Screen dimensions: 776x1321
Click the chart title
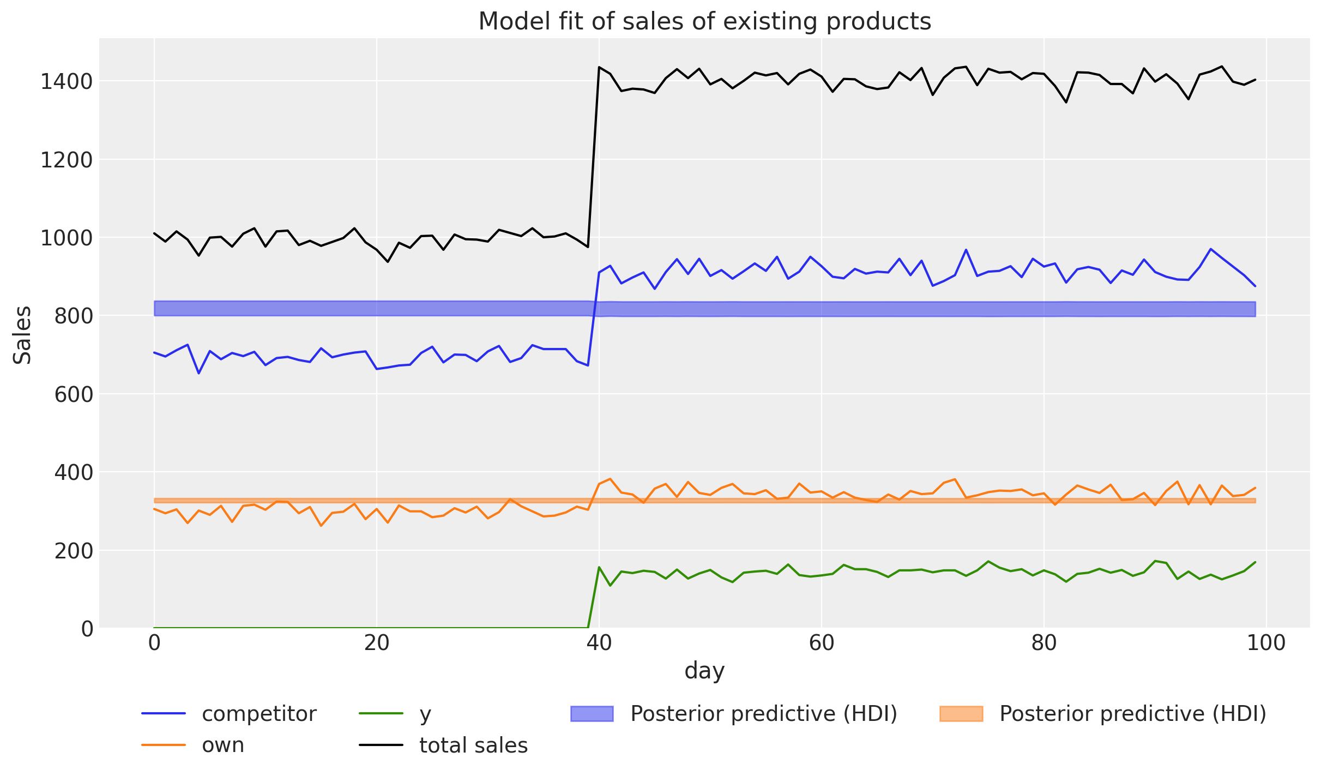[x=704, y=22]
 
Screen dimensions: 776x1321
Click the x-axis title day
[x=704, y=670]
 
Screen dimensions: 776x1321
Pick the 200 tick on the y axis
[x=74, y=551]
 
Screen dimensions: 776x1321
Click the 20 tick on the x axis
[x=377, y=643]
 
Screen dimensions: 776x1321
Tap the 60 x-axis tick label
[x=822, y=643]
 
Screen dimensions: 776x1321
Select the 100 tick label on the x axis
[x=1266, y=643]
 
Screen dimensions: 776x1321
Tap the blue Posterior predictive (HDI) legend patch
[x=592, y=713]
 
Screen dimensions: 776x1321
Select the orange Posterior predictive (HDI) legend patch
[x=961, y=713]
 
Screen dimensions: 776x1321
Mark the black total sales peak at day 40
[x=599, y=67]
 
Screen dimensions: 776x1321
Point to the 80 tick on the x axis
[x=1043, y=643]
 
